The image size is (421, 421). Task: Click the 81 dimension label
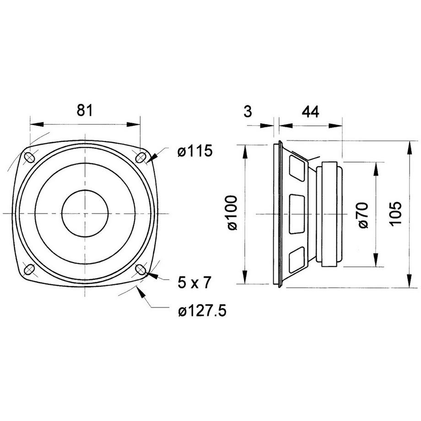(x=85, y=110)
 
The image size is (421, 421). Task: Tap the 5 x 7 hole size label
(x=194, y=282)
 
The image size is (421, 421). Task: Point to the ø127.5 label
(x=202, y=311)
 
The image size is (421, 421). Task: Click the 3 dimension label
(x=248, y=111)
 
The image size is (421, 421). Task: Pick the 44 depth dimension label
(x=311, y=111)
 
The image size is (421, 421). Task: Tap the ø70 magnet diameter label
(x=363, y=216)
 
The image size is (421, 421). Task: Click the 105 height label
(x=395, y=214)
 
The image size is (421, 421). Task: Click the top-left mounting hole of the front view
(x=29, y=157)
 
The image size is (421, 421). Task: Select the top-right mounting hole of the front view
(x=140, y=157)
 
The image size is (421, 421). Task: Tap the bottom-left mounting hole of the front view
(x=29, y=269)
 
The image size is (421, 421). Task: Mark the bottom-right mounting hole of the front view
(x=140, y=269)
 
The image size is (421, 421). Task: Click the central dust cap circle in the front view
(x=85, y=213)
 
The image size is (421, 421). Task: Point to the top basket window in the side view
(x=297, y=168)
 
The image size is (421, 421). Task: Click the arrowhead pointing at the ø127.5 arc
(x=141, y=291)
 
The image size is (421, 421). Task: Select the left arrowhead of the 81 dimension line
(x=37, y=124)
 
